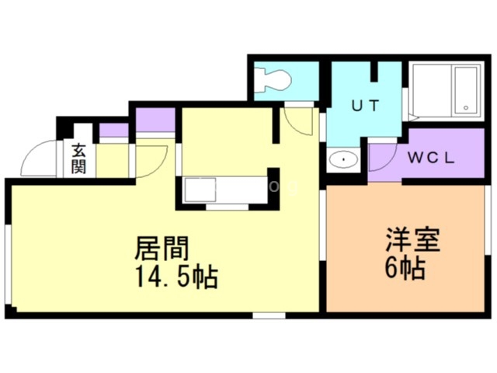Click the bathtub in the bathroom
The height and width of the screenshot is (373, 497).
click(446, 90)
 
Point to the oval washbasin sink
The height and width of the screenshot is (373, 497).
click(342, 161)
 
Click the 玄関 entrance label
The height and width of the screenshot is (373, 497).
click(79, 159)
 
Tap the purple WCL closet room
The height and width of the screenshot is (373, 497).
click(423, 157)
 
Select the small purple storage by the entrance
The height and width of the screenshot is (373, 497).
click(113, 131)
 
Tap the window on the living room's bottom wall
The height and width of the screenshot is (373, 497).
click(269, 315)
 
